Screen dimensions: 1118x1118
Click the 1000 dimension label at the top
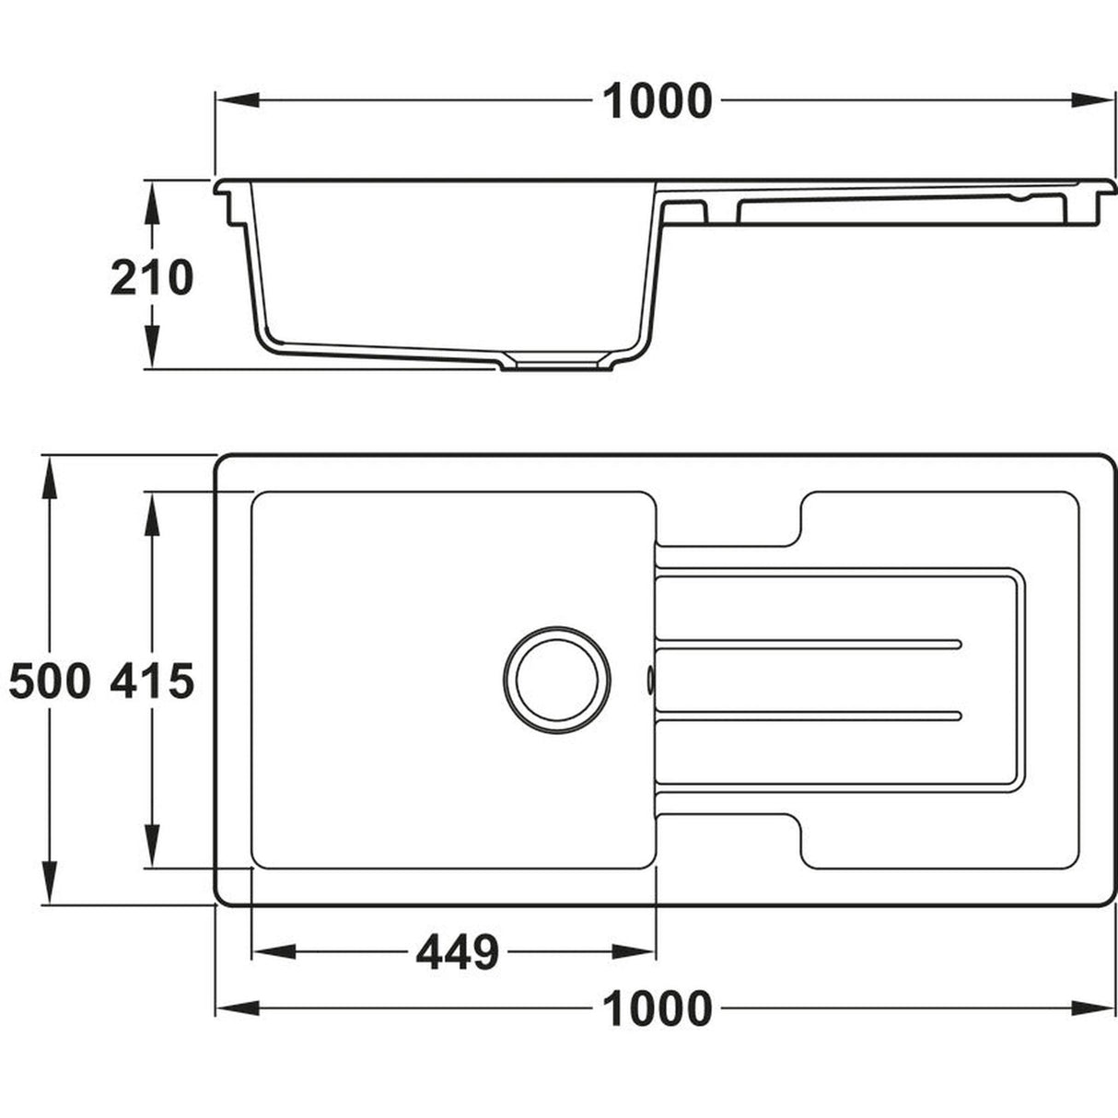(x=657, y=101)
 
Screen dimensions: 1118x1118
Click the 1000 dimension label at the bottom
(x=657, y=1008)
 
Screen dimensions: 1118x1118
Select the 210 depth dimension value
(x=152, y=277)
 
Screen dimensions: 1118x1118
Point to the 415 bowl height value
(x=152, y=681)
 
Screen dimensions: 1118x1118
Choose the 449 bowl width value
(x=457, y=952)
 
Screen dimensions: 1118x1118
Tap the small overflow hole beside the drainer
(x=651, y=679)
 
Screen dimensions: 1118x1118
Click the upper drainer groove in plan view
(x=809, y=642)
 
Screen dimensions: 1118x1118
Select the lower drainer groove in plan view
(x=809, y=715)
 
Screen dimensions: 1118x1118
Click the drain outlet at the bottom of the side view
(x=557, y=366)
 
